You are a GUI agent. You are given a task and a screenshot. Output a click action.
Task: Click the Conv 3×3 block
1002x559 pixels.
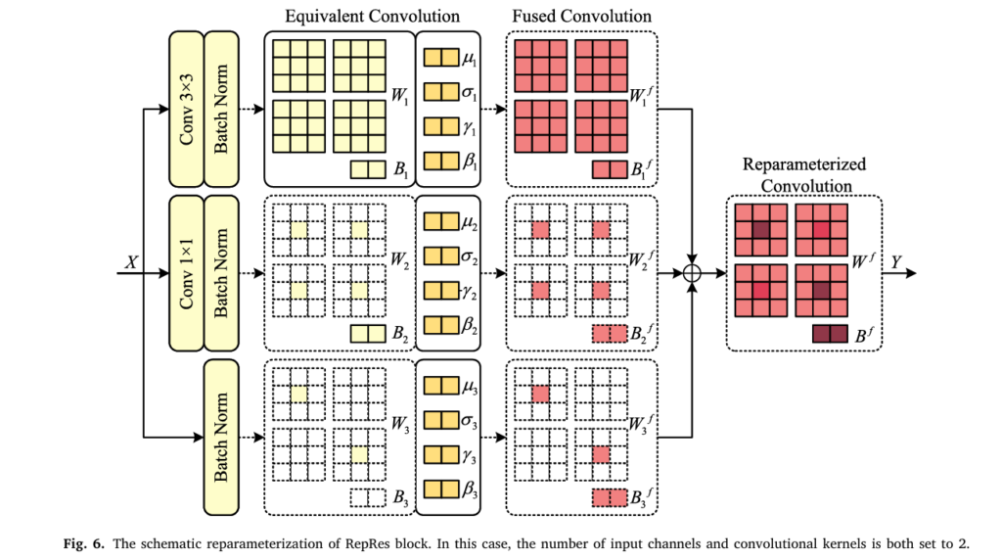point(186,110)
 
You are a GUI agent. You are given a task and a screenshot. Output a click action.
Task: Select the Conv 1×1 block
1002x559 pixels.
point(186,273)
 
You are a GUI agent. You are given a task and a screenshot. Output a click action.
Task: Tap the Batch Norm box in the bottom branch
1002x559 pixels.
point(221,438)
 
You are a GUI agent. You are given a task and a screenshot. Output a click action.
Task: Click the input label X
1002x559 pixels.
point(131,262)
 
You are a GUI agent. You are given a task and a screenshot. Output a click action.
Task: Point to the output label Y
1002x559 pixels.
point(896,262)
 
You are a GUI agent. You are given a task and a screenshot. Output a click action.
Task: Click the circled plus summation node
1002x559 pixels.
point(692,273)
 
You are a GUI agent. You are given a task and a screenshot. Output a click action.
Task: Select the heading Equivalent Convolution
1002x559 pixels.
point(372,16)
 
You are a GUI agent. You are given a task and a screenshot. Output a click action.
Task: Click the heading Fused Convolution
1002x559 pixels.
point(581,16)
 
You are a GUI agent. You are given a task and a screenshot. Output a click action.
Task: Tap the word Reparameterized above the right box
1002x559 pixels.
point(804,164)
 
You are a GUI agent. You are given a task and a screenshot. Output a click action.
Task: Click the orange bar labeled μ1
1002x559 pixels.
point(441,58)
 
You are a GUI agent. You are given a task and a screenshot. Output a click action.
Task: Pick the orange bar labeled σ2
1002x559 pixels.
point(441,256)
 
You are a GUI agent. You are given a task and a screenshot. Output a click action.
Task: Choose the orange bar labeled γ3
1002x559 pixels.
point(441,455)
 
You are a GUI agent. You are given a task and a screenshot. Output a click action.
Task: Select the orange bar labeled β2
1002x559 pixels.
point(441,325)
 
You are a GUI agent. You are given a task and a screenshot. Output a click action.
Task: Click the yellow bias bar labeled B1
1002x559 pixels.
point(368,169)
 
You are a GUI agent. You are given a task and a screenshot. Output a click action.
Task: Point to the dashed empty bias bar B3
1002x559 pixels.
point(368,497)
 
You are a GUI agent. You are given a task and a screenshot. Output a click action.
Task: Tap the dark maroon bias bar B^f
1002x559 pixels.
point(830,334)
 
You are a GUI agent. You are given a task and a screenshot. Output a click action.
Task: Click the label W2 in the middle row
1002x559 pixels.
point(399,259)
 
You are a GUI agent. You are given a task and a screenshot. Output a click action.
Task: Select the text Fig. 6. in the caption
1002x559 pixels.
point(83,544)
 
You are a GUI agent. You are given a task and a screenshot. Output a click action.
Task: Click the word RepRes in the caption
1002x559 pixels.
point(367,544)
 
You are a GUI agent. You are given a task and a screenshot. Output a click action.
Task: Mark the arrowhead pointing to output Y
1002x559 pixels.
point(911,273)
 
